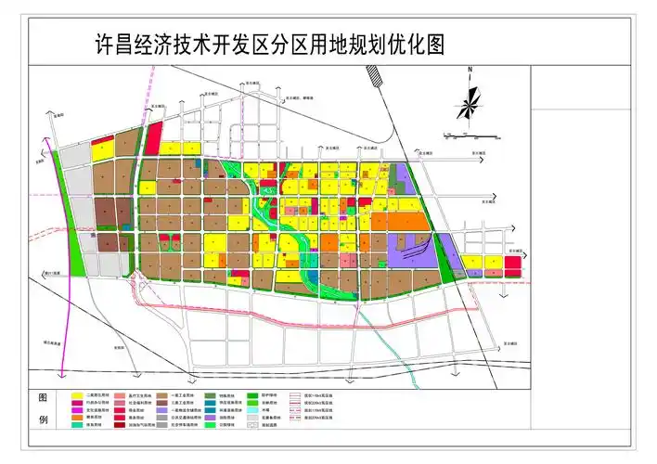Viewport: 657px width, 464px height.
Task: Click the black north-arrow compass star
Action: coord(470,100)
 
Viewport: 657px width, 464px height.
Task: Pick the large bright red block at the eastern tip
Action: coord(513,266)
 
